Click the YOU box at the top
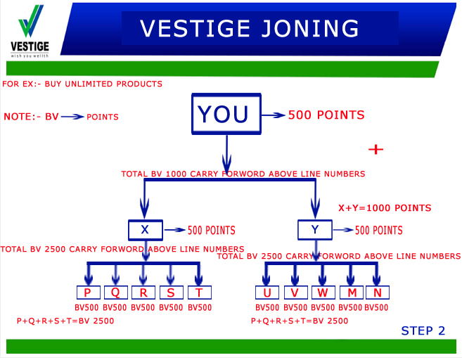tap(223, 114)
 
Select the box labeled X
tap(146, 230)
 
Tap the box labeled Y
tap(314, 230)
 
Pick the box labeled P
tap(88, 293)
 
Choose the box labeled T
tap(199, 293)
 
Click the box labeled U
tap(267, 293)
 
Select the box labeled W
tap(322, 293)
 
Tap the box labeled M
tap(349, 293)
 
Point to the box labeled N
tap(377, 293)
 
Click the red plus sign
tap(376, 149)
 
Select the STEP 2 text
tap(423, 330)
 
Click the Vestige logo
tap(30, 30)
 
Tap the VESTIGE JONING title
tap(249, 28)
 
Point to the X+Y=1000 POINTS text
tap(385, 208)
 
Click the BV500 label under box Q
tap(115, 307)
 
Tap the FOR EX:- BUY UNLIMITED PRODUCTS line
tap(82, 84)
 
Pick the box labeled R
tap(143, 293)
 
